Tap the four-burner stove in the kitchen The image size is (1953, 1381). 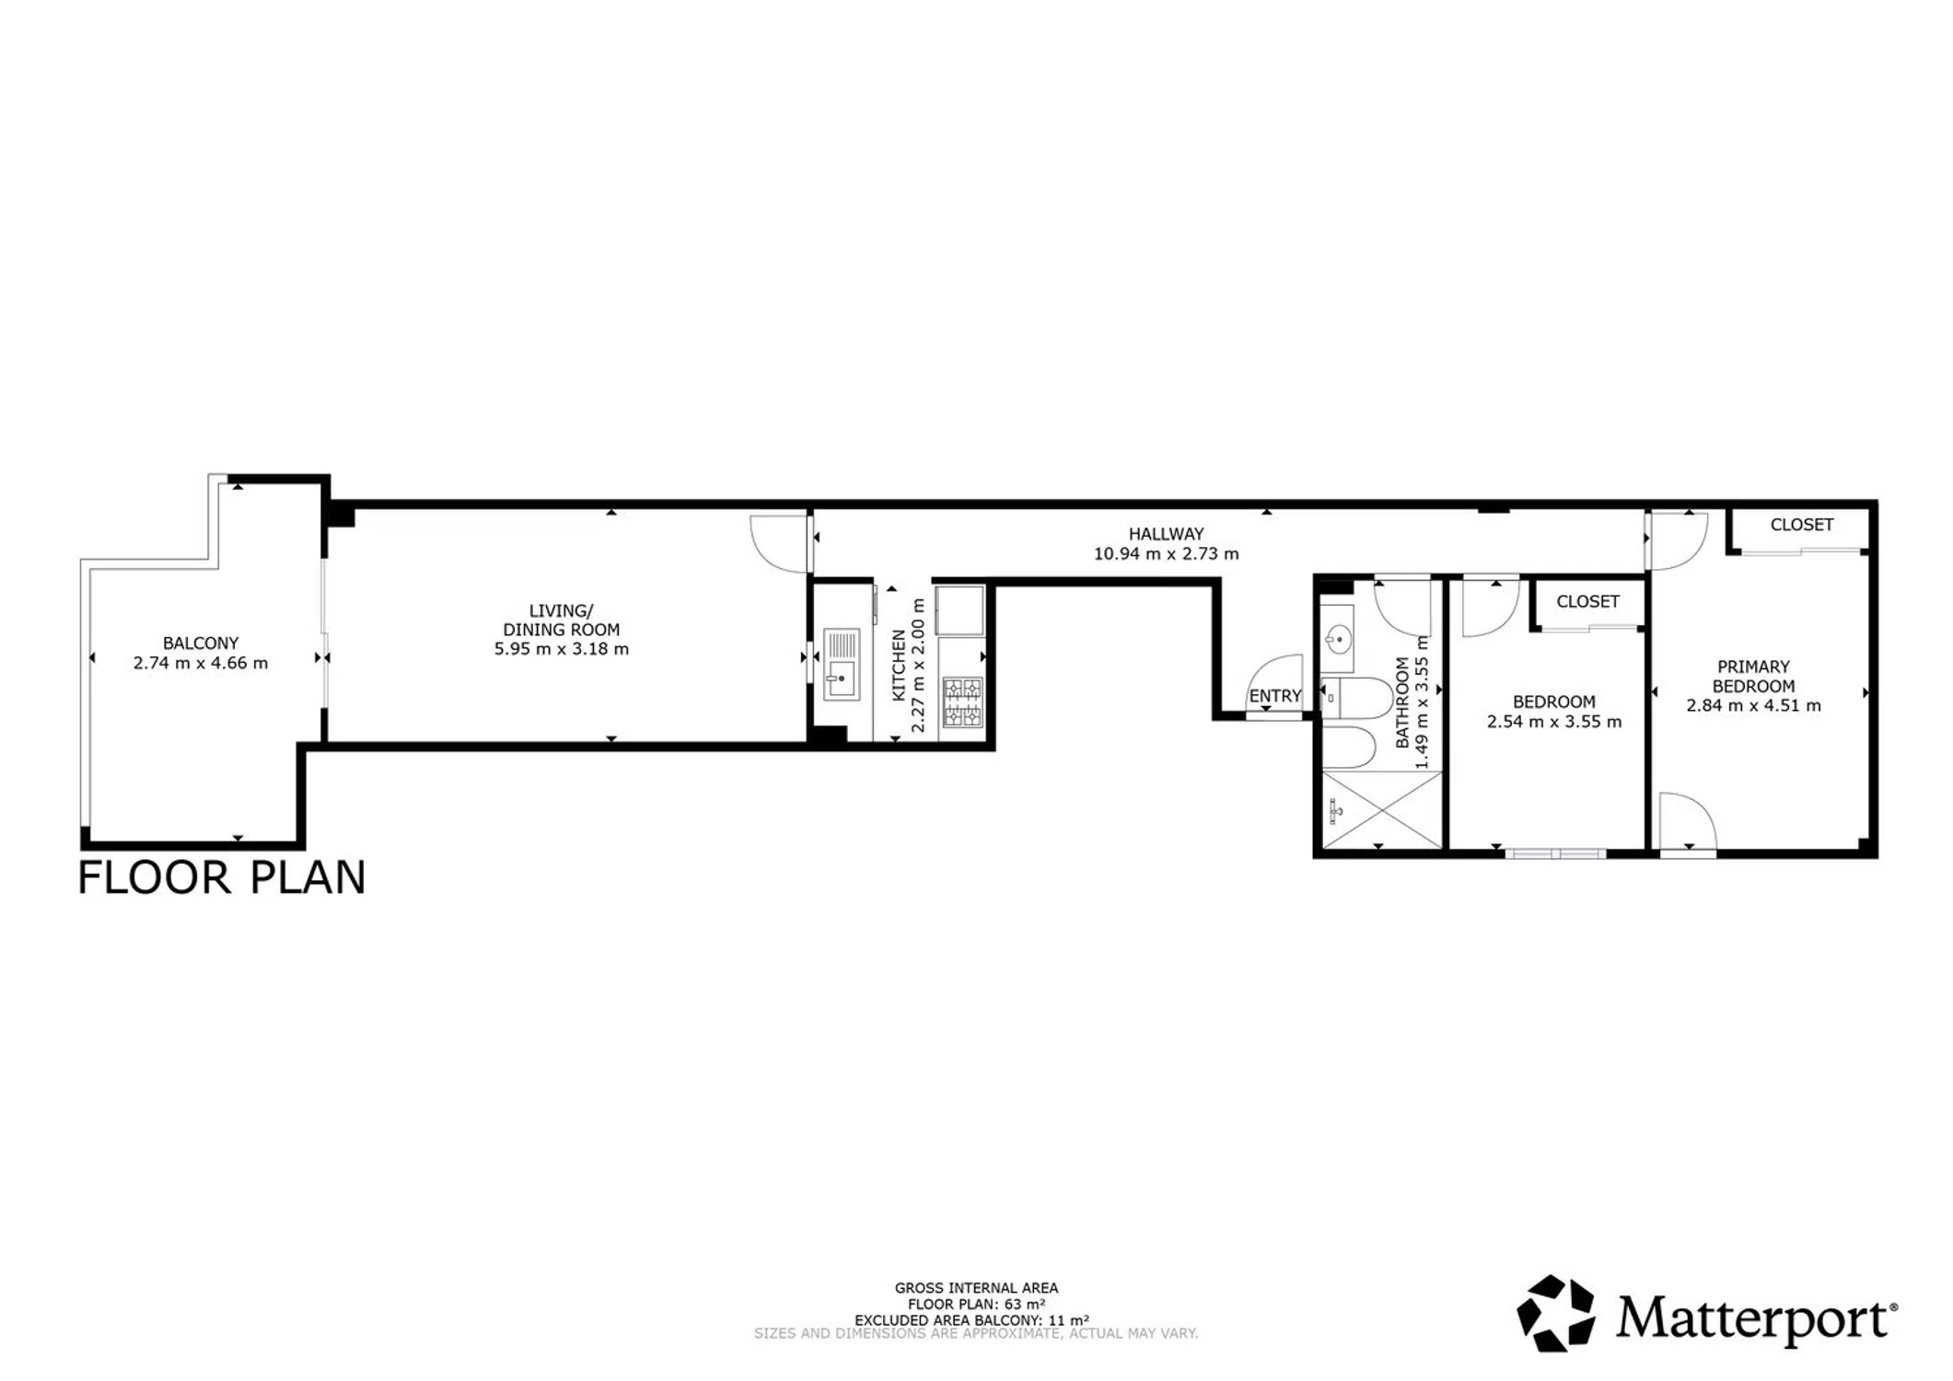click(962, 702)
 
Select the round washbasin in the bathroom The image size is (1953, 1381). click(1338, 637)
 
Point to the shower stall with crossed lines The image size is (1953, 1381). click(1382, 810)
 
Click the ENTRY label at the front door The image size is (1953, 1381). click(1275, 696)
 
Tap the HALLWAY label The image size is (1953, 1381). click(1167, 534)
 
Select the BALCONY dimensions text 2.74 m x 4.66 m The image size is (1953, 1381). click(201, 663)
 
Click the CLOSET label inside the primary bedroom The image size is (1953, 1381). click(1802, 525)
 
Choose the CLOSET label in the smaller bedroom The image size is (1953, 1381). click(1587, 601)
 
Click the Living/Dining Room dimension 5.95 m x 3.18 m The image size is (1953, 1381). click(562, 649)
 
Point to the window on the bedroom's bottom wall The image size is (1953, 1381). click(1556, 853)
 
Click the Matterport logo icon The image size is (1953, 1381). click(1556, 1313)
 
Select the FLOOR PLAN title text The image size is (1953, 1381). click(222, 877)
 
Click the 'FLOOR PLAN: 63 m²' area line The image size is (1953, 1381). click(976, 1305)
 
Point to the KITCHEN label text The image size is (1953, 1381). click(900, 666)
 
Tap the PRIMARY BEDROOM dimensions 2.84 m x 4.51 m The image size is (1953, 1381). click(1753, 706)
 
